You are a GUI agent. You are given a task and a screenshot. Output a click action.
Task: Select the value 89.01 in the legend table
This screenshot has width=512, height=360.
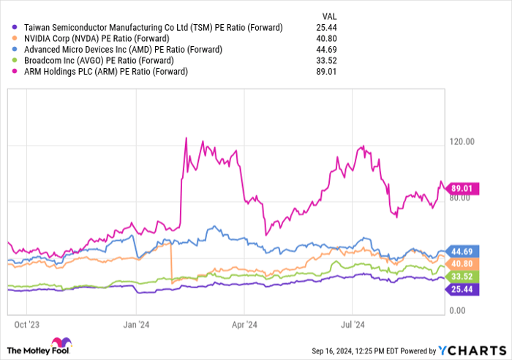click(326, 72)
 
